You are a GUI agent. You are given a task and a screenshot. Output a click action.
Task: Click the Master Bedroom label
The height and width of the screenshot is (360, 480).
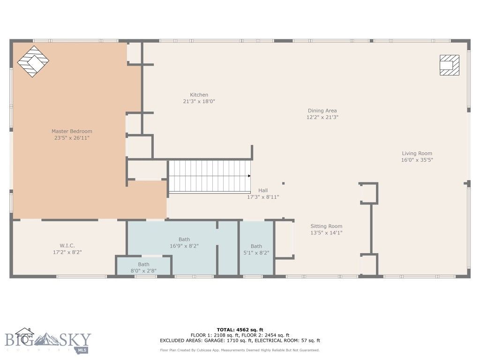[x=72, y=131]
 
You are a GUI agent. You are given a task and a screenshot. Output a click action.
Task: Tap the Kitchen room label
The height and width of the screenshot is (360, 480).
[x=199, y=95]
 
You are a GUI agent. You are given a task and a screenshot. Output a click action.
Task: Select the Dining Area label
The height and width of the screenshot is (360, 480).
[x=322, y=111]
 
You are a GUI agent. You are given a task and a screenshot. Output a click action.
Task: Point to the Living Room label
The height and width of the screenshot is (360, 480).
[x=417, y=153]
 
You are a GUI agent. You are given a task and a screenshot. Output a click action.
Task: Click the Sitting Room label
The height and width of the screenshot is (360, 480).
[x=326, y=226]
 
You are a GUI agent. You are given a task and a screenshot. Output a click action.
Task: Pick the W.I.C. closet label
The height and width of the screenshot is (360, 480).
[x=67, y=246]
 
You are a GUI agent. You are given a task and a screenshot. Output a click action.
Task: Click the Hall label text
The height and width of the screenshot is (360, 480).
[x=263, y=190]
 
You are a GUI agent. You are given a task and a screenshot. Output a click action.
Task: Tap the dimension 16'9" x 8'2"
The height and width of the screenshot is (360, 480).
[x=184, y=246]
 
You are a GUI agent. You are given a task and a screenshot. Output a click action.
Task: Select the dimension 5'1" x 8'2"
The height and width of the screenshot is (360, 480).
[x=256, y=253]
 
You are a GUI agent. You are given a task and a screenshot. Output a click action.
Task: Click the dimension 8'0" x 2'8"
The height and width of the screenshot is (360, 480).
[x=143, y=270]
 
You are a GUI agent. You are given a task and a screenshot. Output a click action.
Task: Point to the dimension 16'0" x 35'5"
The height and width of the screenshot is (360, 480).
[x=417, y=160]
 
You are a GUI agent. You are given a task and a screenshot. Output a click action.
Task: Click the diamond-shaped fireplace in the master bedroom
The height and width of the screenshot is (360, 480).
[x=33, y=61]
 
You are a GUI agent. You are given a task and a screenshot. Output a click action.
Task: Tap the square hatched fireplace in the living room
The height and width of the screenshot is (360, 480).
[x=450, y=65]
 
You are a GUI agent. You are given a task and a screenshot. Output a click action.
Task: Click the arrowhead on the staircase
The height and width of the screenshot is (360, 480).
[x=249, y=176]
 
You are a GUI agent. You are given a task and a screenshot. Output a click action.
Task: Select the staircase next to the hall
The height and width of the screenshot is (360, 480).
[x=210, y=176]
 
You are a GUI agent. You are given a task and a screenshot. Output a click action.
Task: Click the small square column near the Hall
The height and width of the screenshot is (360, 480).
[x=284, y=183]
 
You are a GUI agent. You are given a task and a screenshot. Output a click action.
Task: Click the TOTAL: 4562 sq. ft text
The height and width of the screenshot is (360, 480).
[x=240, y=330]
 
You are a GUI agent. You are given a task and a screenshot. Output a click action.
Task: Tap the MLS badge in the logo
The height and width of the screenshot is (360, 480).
[x=82, y=350]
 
